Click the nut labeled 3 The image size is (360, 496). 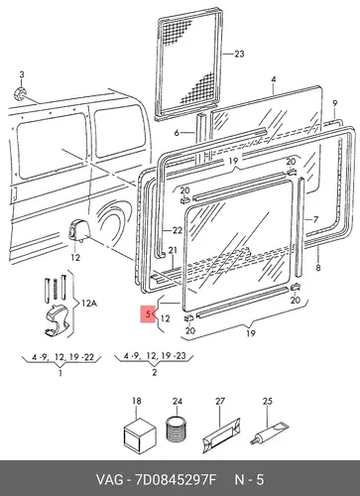pos(20,93)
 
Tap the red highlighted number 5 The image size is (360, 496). pos(148,313)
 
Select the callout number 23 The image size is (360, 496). pos(239,54)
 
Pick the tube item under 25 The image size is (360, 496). pos(269,434)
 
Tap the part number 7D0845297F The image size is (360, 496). pos(175,480)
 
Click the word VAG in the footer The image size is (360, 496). pos(109,480)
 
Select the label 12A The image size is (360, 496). pos(88,303)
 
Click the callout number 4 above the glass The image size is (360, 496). pos(274,79)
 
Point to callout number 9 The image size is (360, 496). pos(335,103)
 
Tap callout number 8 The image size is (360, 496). pos(318,267)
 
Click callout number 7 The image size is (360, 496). pos(315,219)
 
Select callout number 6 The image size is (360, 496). pos(177,133)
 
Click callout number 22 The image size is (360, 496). pos(178,230)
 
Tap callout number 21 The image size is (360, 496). pos(173,251)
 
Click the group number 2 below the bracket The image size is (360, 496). pos(154,373)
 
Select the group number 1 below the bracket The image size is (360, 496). pos(60,373)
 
